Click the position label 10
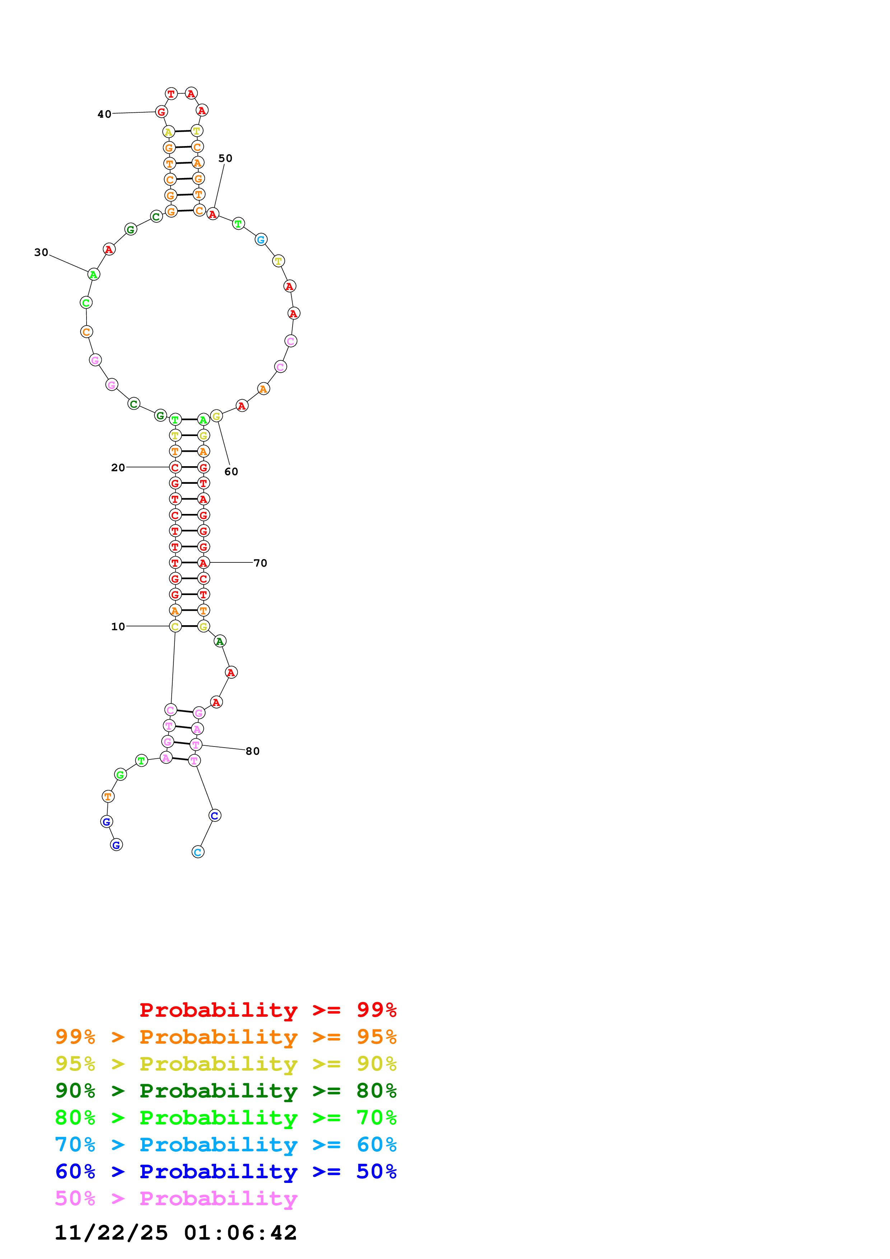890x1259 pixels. click(x=118, y=626)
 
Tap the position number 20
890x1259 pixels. click(x=118, y=467)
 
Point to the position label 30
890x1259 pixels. click(x=41, y=252)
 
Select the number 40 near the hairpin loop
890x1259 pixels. click(x=104, y=114)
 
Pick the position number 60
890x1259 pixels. click(x=232, y=472)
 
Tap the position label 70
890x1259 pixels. click(x=261, y=563)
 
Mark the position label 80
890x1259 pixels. click(x=253, y=751)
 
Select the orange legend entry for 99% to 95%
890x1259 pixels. click(x=225, y=1037)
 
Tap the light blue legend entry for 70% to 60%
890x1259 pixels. click(x=225, y=1145)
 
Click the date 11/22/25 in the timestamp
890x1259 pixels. click(x=111, y=1233)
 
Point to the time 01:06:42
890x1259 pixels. click(x=240, y=1233)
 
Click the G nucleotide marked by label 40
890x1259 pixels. click(x=161, y=112)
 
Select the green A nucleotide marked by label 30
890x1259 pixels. click(x=94, y=274)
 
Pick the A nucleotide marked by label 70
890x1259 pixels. click(x=204, y=563)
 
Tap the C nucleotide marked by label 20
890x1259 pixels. click(x=175, y=467)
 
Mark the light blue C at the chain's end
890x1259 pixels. click(x=198, y=852)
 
